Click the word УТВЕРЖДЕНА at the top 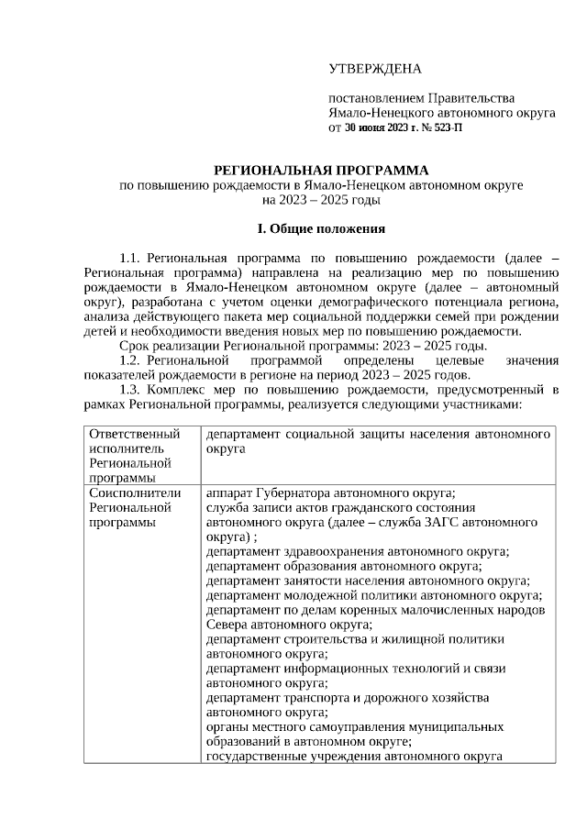tap(375, 70)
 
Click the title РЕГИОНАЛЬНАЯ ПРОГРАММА tap(321, 171)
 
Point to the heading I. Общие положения tap(321, 227)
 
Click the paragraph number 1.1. tap(131, 259)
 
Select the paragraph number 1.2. tap(131, 360)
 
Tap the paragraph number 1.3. tap(131, 390)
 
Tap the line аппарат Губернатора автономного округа tap(331, 492)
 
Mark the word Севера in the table tap(227, 625)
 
